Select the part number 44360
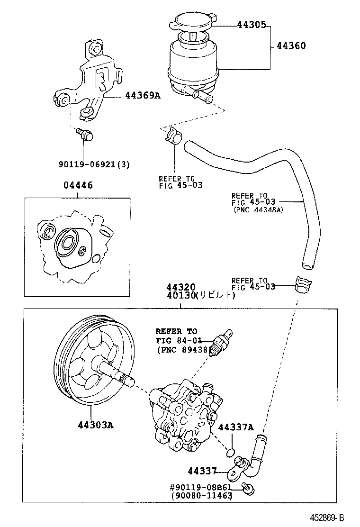[291, 46]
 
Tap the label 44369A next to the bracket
[143, 96]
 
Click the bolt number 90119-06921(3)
[94, 164]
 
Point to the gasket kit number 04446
[78, 186]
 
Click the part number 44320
[180, 288]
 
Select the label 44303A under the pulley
[96, 424]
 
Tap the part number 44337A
[236, 427]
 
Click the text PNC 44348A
[258, 210]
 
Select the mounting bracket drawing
[90, 78]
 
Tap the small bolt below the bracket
[86, 135]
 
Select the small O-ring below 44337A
[231, 452]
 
